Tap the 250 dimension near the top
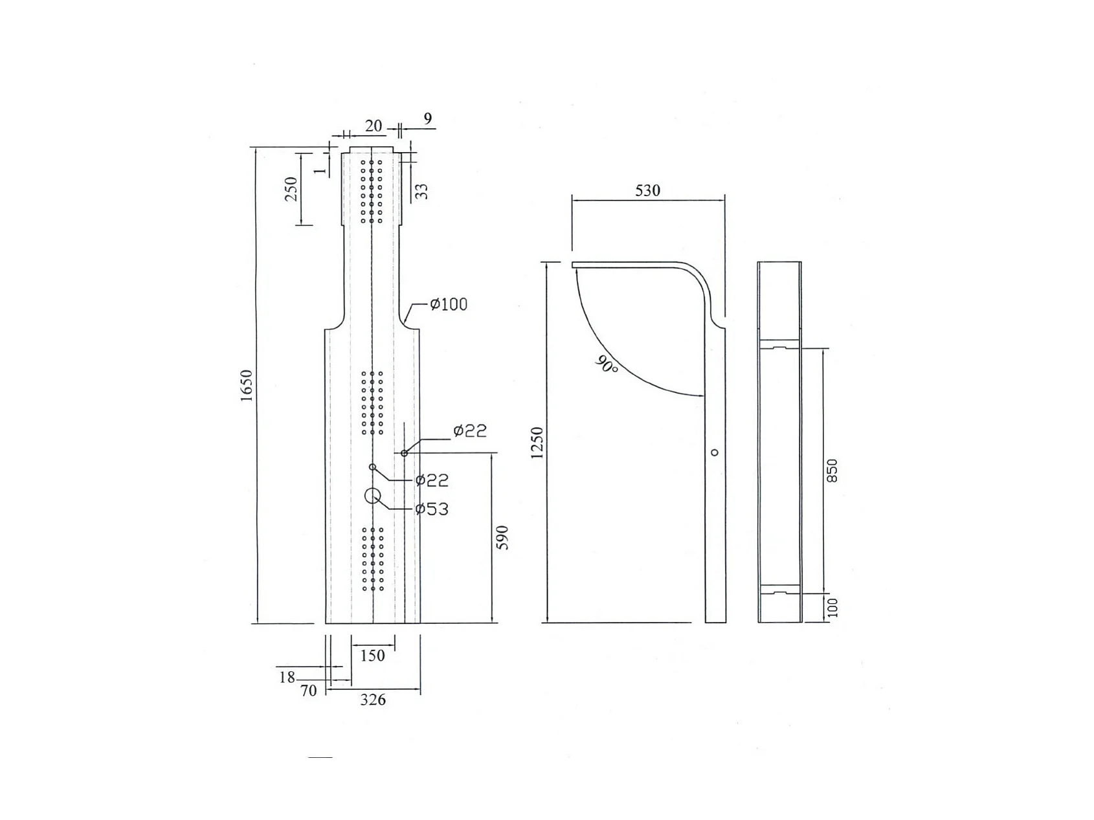291,189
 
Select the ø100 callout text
449,304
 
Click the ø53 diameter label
432,509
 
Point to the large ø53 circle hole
373,496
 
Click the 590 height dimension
502,538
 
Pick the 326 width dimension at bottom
373,700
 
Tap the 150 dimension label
372,656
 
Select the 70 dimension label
309,691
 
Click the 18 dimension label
287,677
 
